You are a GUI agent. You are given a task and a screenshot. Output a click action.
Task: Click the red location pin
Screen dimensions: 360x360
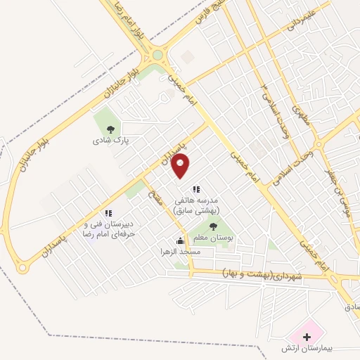pos(181,165)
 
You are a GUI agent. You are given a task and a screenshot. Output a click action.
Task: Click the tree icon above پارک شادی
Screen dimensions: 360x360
pos(109,129)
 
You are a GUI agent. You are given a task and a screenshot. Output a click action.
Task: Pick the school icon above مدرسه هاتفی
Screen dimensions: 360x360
pos(196,188)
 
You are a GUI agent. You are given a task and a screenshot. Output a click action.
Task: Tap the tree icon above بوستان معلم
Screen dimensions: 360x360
pos(213,226)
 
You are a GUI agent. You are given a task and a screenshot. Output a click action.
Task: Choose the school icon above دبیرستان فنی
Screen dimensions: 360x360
pos(108,212)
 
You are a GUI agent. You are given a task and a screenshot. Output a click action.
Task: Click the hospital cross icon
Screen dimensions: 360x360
pos(306,337)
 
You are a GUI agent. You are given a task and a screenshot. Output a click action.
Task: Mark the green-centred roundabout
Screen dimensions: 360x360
pos(157,55)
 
